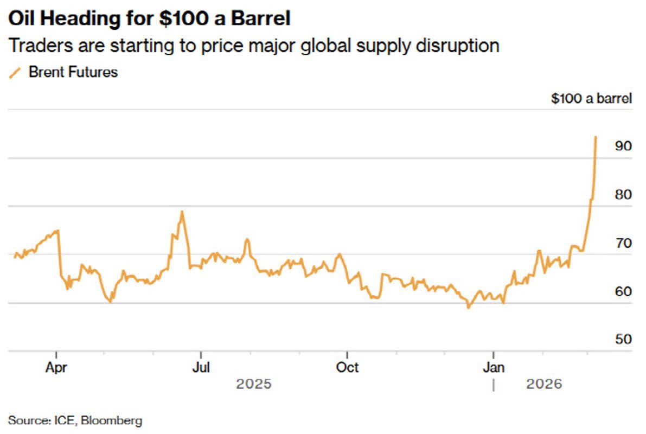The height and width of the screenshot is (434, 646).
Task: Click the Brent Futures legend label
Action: click(x=73, y=72)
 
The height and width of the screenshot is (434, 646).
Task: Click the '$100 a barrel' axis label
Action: click(x=591, y=99)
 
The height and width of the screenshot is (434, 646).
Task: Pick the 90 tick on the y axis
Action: click(x=624, y=146)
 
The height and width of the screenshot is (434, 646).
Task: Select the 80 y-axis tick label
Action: click(x=624, y=194)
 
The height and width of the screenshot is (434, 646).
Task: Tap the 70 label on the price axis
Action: click(x=624, y=242)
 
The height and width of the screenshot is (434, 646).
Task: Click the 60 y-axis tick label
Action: click(x=624, y=291)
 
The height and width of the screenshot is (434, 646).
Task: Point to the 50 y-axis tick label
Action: click(x=624, y=339)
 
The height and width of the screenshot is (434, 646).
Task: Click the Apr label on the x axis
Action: click(x=56, y=367)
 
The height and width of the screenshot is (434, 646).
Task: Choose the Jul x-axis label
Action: click(x=201, y=367)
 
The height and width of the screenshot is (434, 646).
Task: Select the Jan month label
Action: click(x=494, y=367)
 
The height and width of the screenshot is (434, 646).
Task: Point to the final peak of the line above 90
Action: click(x=596, y=137)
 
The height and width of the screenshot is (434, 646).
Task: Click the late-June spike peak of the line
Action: click(x=182, y=212)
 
